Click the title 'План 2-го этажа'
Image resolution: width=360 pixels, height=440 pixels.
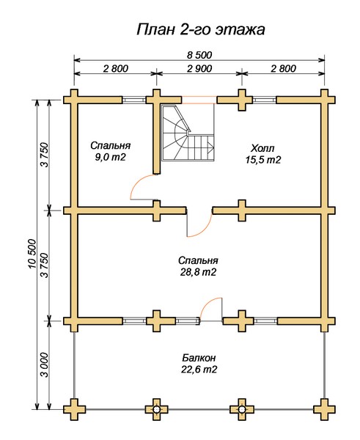[201, 30]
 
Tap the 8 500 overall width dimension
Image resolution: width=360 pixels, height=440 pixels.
[199, 55]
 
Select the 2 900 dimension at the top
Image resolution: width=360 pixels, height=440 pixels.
[199, 68]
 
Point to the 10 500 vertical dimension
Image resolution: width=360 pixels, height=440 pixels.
[32, 254]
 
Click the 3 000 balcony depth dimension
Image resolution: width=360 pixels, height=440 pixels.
[45, 364]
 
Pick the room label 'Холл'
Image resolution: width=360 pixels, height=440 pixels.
[262, 148]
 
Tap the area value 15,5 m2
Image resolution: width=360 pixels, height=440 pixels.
[263, 160]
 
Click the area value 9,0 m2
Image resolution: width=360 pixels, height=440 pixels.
[110, 158]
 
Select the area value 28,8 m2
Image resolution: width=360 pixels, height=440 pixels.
[198, 272]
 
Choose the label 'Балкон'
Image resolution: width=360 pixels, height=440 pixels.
[199, 358]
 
